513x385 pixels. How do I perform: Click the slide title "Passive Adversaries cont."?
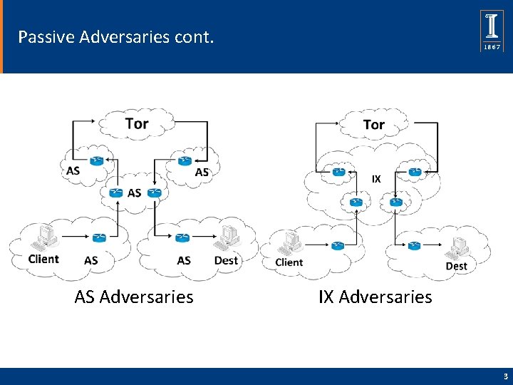tap(115, 36)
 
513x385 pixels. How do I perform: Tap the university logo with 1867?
tap(492, 31)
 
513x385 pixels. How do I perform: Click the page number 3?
tap(504, 376)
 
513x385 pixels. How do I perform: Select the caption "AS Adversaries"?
tap(133, 297)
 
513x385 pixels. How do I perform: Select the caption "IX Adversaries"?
tap(375, 297)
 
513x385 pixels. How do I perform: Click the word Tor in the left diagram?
tap(136, 123)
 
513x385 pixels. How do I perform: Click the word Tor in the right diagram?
tap(373, 125)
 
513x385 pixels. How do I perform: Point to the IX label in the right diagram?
tap(376, 179)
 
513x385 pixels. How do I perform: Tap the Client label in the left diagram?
tap(43, 259)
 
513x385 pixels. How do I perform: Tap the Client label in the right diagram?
tap(289, 262)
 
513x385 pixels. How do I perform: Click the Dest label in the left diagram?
tap(226, 260)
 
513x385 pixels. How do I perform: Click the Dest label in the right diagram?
tap(456, 266)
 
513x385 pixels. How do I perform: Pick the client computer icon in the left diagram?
tap(47, 237)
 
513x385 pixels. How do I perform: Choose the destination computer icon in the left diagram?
tap(229, 238)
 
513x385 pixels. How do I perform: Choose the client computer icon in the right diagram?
tap(290, 243)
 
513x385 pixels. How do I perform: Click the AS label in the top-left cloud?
tap(73, 170)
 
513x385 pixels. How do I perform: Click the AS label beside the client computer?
tap(91, 260)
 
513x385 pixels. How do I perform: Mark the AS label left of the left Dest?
tap(184, 260)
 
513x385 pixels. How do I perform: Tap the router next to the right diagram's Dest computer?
tap(414, 246)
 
